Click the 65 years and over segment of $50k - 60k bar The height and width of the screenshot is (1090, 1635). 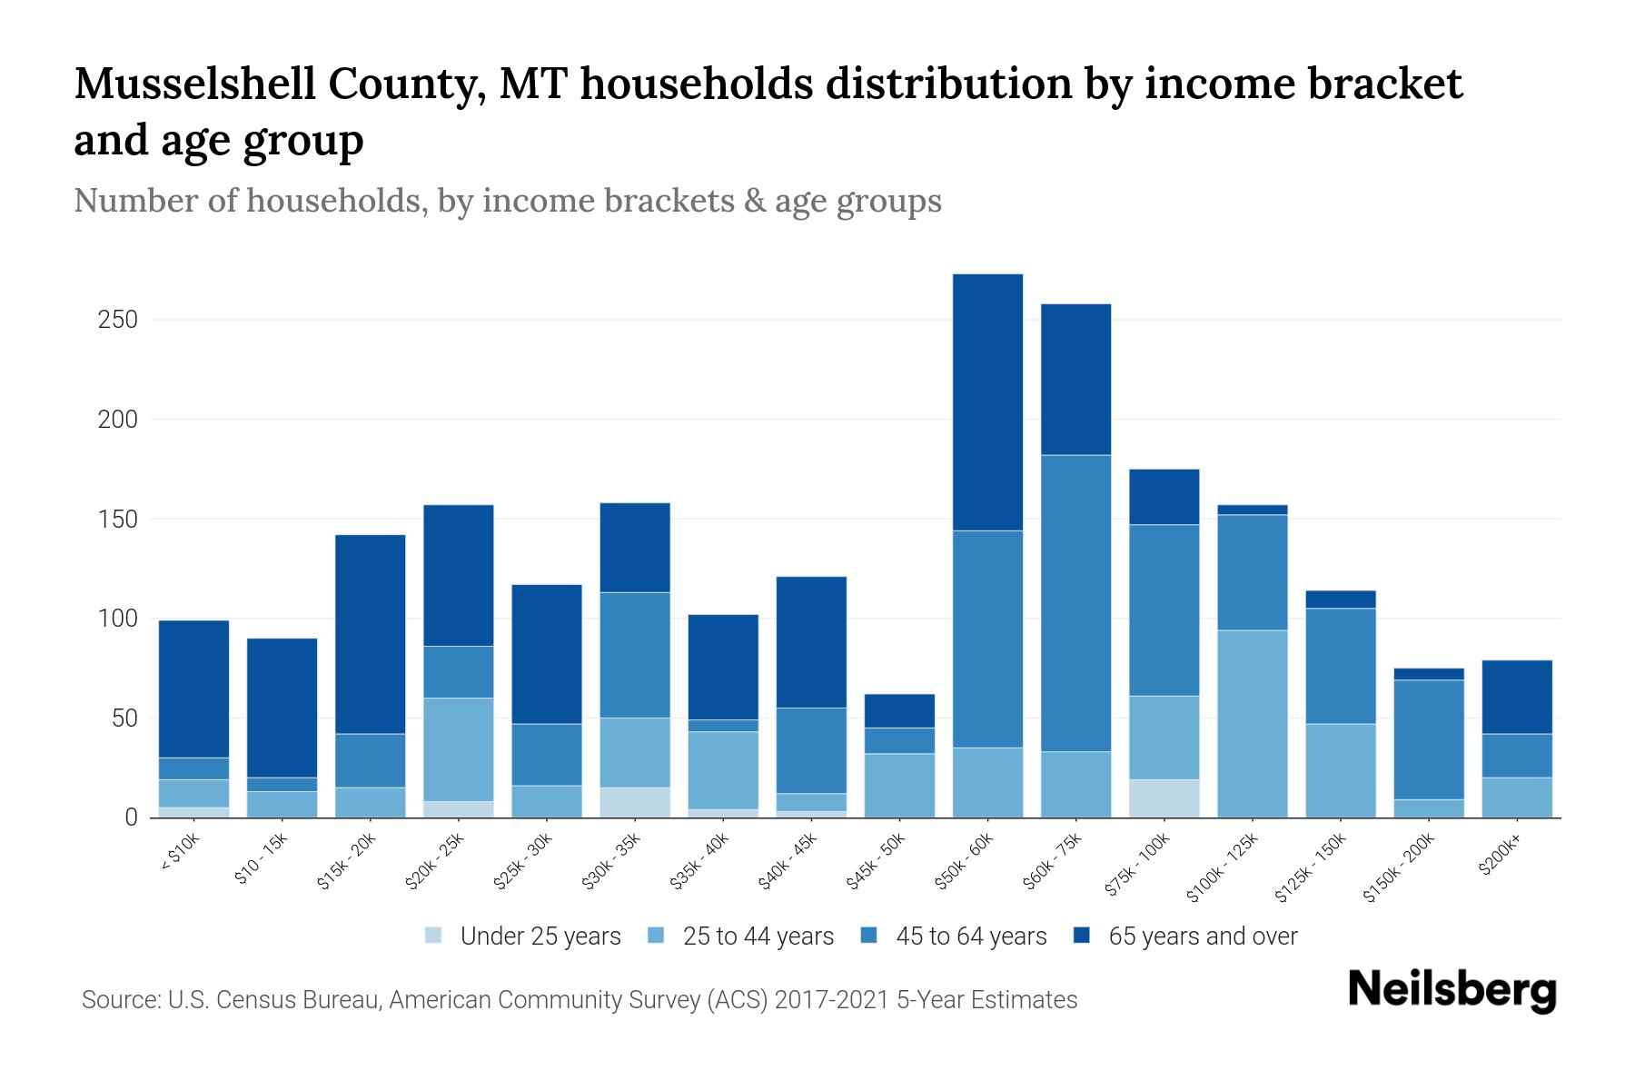click(987, 401)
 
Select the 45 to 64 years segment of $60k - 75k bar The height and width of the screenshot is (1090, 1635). click(1075, 602)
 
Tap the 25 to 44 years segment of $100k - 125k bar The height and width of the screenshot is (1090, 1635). click(1252, 723)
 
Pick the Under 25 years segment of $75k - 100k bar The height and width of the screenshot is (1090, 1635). click(1164, 798)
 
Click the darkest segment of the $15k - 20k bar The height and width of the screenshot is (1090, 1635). click(370, 634)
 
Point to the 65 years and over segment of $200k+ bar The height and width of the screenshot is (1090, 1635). click(1517, 697)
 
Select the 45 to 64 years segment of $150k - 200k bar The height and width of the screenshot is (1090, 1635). click(1429, 738)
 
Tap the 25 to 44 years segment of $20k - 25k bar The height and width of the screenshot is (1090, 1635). click(458, 749)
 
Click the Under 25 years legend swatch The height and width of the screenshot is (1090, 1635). click(434, 936)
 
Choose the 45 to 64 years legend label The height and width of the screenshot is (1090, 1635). click(971, 936)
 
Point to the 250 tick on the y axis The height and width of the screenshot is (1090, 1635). click(118, 321)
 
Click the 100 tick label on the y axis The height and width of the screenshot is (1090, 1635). click(118, 619)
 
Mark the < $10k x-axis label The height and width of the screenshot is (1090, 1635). click(179, 855)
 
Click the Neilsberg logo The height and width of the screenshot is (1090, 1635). click(1452, 990)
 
